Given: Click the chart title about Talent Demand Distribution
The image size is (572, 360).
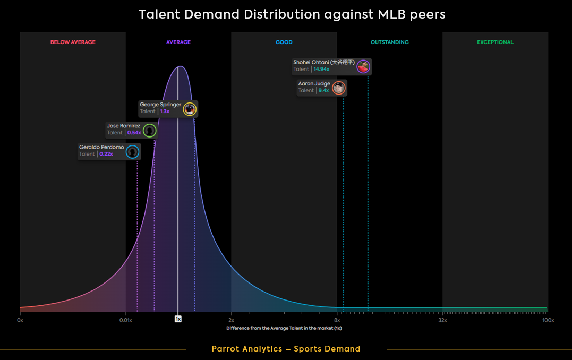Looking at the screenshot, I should pyautogui.click(x=292, y=14).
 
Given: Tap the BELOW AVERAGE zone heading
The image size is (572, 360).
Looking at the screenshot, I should pyautogui.click(x=73, y=42).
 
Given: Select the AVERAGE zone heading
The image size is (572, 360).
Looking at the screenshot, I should pyautogui.click(x=178, y=42).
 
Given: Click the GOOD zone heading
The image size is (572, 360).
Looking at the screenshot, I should pyautogui.click(x=284, y=42).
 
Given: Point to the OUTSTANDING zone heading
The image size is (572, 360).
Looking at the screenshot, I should pyautogui.click(x=390, y=42).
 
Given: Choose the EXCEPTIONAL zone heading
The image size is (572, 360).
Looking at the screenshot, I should pyautogui.click(x=496, y=42).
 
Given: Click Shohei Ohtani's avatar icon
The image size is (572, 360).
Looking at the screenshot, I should pyautogui.click(x=363, y=66).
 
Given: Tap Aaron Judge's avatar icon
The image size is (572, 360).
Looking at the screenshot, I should pyautogui.click(x=339, y=88).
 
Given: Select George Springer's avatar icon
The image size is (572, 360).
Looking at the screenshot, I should pyautogui.click(x=190, y=109).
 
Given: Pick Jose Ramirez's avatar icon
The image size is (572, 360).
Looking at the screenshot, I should pyautogui.click(x=149, y=131).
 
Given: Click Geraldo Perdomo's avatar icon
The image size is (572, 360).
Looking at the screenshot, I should pyautogui.click(x=133, y=152).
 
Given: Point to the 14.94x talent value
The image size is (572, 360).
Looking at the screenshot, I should pyautogui.click(x=321, y=70).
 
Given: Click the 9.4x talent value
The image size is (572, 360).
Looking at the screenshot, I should pyautogui.click(x=323, y=91).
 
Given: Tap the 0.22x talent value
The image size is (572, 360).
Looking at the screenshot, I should pyautogui.click(x=106, y=154).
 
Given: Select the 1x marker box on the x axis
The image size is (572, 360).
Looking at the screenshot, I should pyautogui.click(x=178, y=319).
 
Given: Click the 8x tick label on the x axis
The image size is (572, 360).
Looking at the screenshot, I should pyautogui.click(x=337, y=320).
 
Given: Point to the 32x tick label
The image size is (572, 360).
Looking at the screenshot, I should pyautogui.click(x=442, y=320).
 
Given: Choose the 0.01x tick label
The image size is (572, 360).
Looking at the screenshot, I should pyautogui.click(x=125, y=320).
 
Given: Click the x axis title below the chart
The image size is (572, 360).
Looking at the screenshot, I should pyautogui.click(x=284, y=328).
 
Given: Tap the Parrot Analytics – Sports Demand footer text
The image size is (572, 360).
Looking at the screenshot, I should pyautogui.click(x=286, y=349).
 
